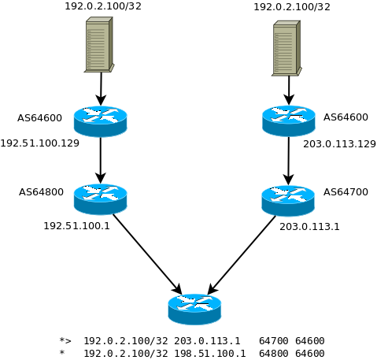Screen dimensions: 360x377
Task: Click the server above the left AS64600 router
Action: tap(99, 45)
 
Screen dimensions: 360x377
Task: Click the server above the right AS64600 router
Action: tap(286, 49)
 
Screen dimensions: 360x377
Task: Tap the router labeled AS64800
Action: tap(100, 199)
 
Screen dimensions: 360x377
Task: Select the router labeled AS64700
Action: tap(288, 200)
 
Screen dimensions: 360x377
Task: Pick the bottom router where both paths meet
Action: tap(194, 308)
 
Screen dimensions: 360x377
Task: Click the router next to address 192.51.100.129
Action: tap(100, 121)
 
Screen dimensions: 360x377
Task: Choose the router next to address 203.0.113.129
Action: tap(289, 121)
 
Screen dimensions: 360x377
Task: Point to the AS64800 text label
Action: tap(41, 191)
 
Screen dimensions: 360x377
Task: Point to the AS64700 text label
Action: tap(346, 191)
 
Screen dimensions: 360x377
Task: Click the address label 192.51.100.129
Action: tap(39, 143)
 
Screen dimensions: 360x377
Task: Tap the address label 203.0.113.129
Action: tap(339, 144)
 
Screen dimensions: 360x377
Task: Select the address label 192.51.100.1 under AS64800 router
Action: tap(76, 226)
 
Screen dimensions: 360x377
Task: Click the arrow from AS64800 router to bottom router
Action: tap(147, 254)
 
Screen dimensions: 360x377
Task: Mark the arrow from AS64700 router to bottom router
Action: tap(242, 254)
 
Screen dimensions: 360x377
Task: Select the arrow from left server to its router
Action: tap(101, 88)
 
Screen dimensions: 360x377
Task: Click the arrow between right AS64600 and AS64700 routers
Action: tap(288, 161)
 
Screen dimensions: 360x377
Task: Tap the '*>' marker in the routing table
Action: tap(65, 341)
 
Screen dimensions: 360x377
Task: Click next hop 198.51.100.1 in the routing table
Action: tap(209, 354)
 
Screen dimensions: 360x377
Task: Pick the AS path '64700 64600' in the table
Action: tap(291, 341)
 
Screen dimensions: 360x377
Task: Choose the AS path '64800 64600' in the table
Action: tap(291, 354)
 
